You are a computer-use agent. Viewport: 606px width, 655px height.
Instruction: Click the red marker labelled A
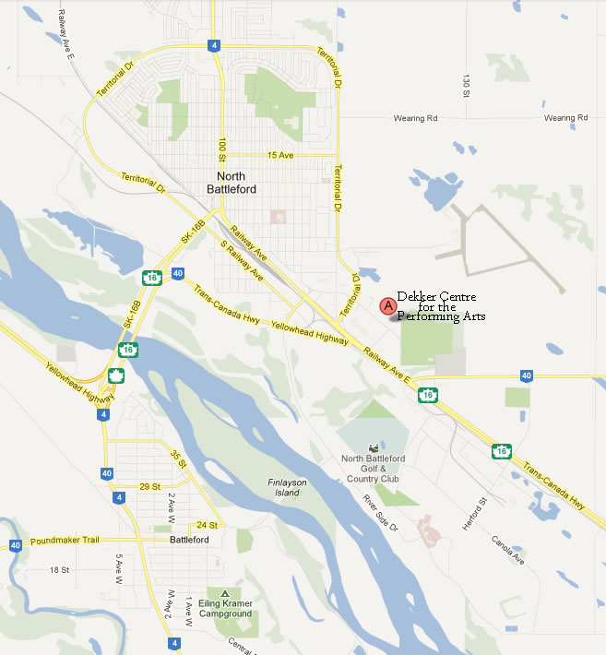pyautogui.click(x=388, y=304)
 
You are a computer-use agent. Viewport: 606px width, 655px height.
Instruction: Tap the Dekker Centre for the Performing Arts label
pyautogui.click(x=442, y=306)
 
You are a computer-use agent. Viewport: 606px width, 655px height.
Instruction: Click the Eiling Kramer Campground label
pyautogui.click(x=226, y=608)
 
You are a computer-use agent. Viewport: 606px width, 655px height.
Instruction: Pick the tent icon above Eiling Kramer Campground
pyautogui.click(x=224, y=591)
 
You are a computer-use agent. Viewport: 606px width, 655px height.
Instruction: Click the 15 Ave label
pyautogui.click(x=279, y=155)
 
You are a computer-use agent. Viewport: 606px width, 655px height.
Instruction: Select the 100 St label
pyautogui.click(x=222, y=149)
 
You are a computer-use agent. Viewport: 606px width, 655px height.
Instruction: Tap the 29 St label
pyautogui.click(x=149, y=486)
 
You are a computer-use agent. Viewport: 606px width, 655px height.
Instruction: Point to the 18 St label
pyautogui.click(x=60, y=570)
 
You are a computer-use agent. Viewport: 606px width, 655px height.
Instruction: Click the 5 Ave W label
pyautogui.click(x=118, y=564)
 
